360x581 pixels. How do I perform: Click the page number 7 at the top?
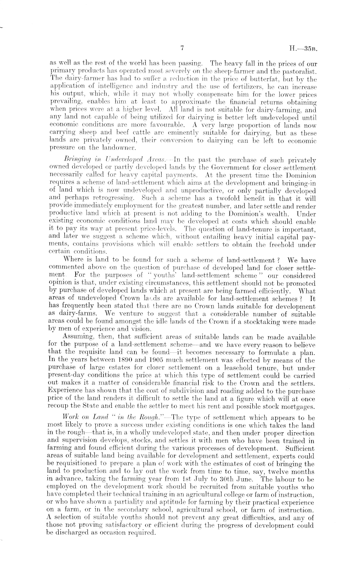182,48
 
